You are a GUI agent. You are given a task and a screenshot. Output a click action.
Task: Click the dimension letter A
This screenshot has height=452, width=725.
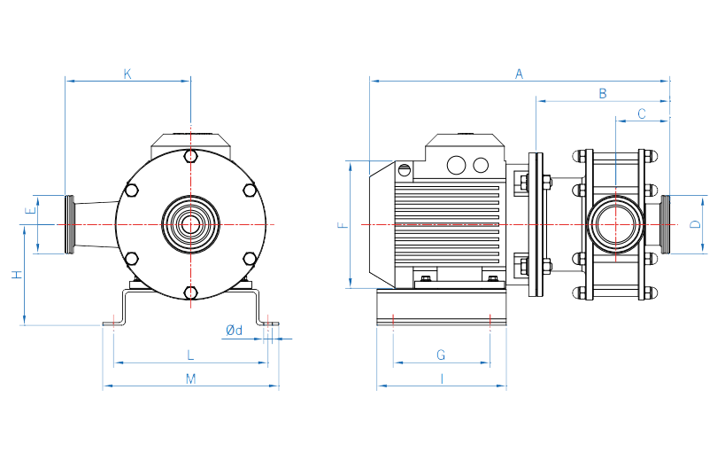pos(520,74)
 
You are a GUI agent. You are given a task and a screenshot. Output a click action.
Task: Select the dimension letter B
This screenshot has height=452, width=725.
pos(603,93)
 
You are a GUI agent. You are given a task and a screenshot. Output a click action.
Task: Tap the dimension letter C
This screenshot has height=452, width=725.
pos(642,113)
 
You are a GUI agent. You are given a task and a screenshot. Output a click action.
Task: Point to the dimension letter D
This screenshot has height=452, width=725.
pos(695,223)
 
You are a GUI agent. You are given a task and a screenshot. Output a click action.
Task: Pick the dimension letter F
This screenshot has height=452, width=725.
pos(343,225)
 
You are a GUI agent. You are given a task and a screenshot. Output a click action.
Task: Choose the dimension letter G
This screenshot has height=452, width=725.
pos(441,355)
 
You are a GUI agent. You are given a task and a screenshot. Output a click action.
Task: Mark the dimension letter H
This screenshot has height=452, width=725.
pos(16,275)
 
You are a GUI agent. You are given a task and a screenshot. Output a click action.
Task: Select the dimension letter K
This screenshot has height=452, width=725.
pos(127,74)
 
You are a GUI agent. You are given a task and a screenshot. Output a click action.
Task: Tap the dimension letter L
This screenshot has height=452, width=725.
pos(190,355)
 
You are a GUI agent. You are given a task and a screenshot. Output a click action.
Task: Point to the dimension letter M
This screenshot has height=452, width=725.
pos(190,379)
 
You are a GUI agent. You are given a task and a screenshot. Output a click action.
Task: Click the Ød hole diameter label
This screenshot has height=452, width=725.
pos(234,331)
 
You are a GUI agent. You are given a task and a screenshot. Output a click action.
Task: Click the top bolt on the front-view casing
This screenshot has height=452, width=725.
pos(190,157)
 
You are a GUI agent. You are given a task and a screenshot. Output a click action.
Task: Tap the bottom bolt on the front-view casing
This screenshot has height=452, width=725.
pos(190,292)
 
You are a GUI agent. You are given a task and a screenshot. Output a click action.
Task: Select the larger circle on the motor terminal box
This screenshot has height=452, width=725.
pos(457,165)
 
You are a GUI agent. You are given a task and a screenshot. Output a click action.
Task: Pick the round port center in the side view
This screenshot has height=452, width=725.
pos(613,224)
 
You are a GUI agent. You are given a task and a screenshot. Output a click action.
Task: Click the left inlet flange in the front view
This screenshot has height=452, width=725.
pos(69,224)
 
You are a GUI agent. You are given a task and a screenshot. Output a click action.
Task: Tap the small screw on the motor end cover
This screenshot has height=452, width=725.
pos(405,168)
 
